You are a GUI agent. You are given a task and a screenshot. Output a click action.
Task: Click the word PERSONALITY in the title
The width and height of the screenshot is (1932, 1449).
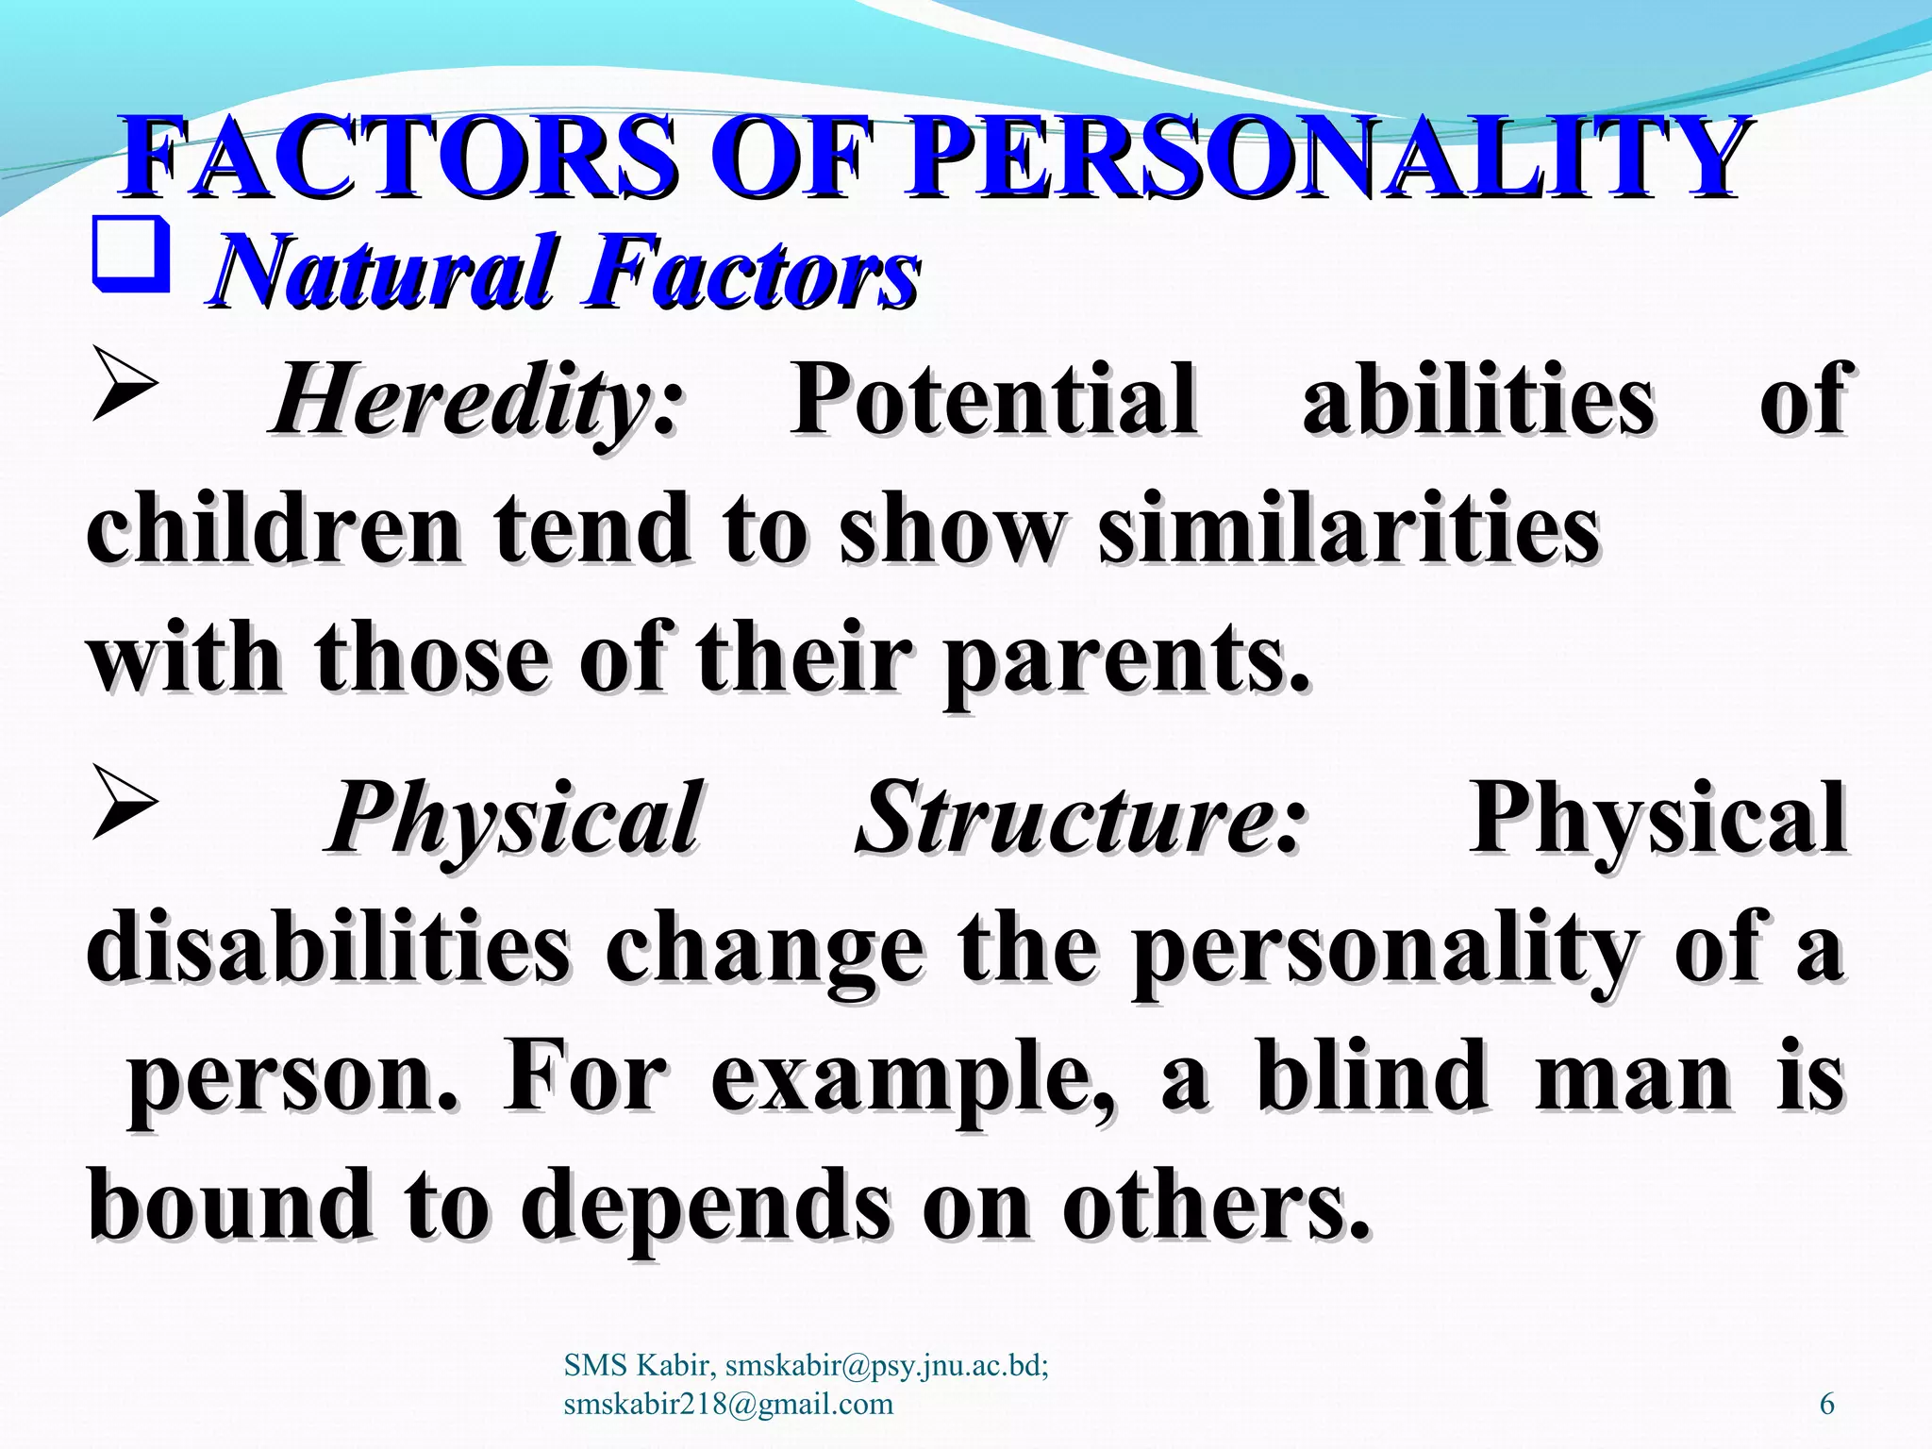point(1325,158)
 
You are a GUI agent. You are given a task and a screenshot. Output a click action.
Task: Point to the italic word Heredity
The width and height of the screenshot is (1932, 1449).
point(462,401)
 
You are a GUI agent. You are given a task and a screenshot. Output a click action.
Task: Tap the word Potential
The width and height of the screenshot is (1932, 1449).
point(995,401)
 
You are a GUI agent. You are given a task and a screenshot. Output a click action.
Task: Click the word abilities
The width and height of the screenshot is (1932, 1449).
point(1478,401)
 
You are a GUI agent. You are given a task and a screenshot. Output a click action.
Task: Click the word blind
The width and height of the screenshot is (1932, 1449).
point(1373,1075)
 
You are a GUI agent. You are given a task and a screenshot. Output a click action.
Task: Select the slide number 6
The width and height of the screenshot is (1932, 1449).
point(1826,1404)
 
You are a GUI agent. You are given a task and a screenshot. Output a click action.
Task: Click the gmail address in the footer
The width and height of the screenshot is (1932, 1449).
point(727,1404)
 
